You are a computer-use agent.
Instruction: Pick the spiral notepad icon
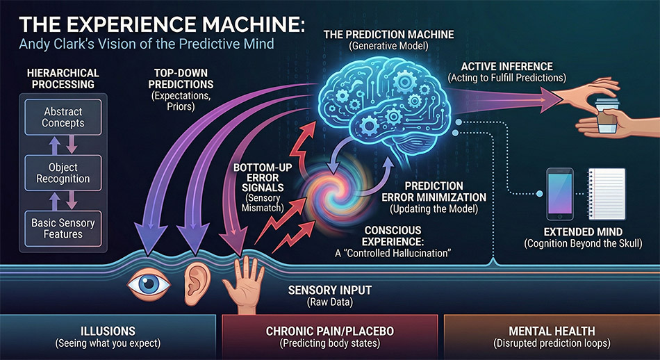609,192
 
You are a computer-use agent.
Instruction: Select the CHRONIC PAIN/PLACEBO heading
329,332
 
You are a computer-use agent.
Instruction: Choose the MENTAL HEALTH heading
551,332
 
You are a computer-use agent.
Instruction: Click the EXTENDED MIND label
581,231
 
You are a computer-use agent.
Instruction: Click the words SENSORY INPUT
331,290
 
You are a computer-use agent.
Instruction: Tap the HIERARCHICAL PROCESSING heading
63,79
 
